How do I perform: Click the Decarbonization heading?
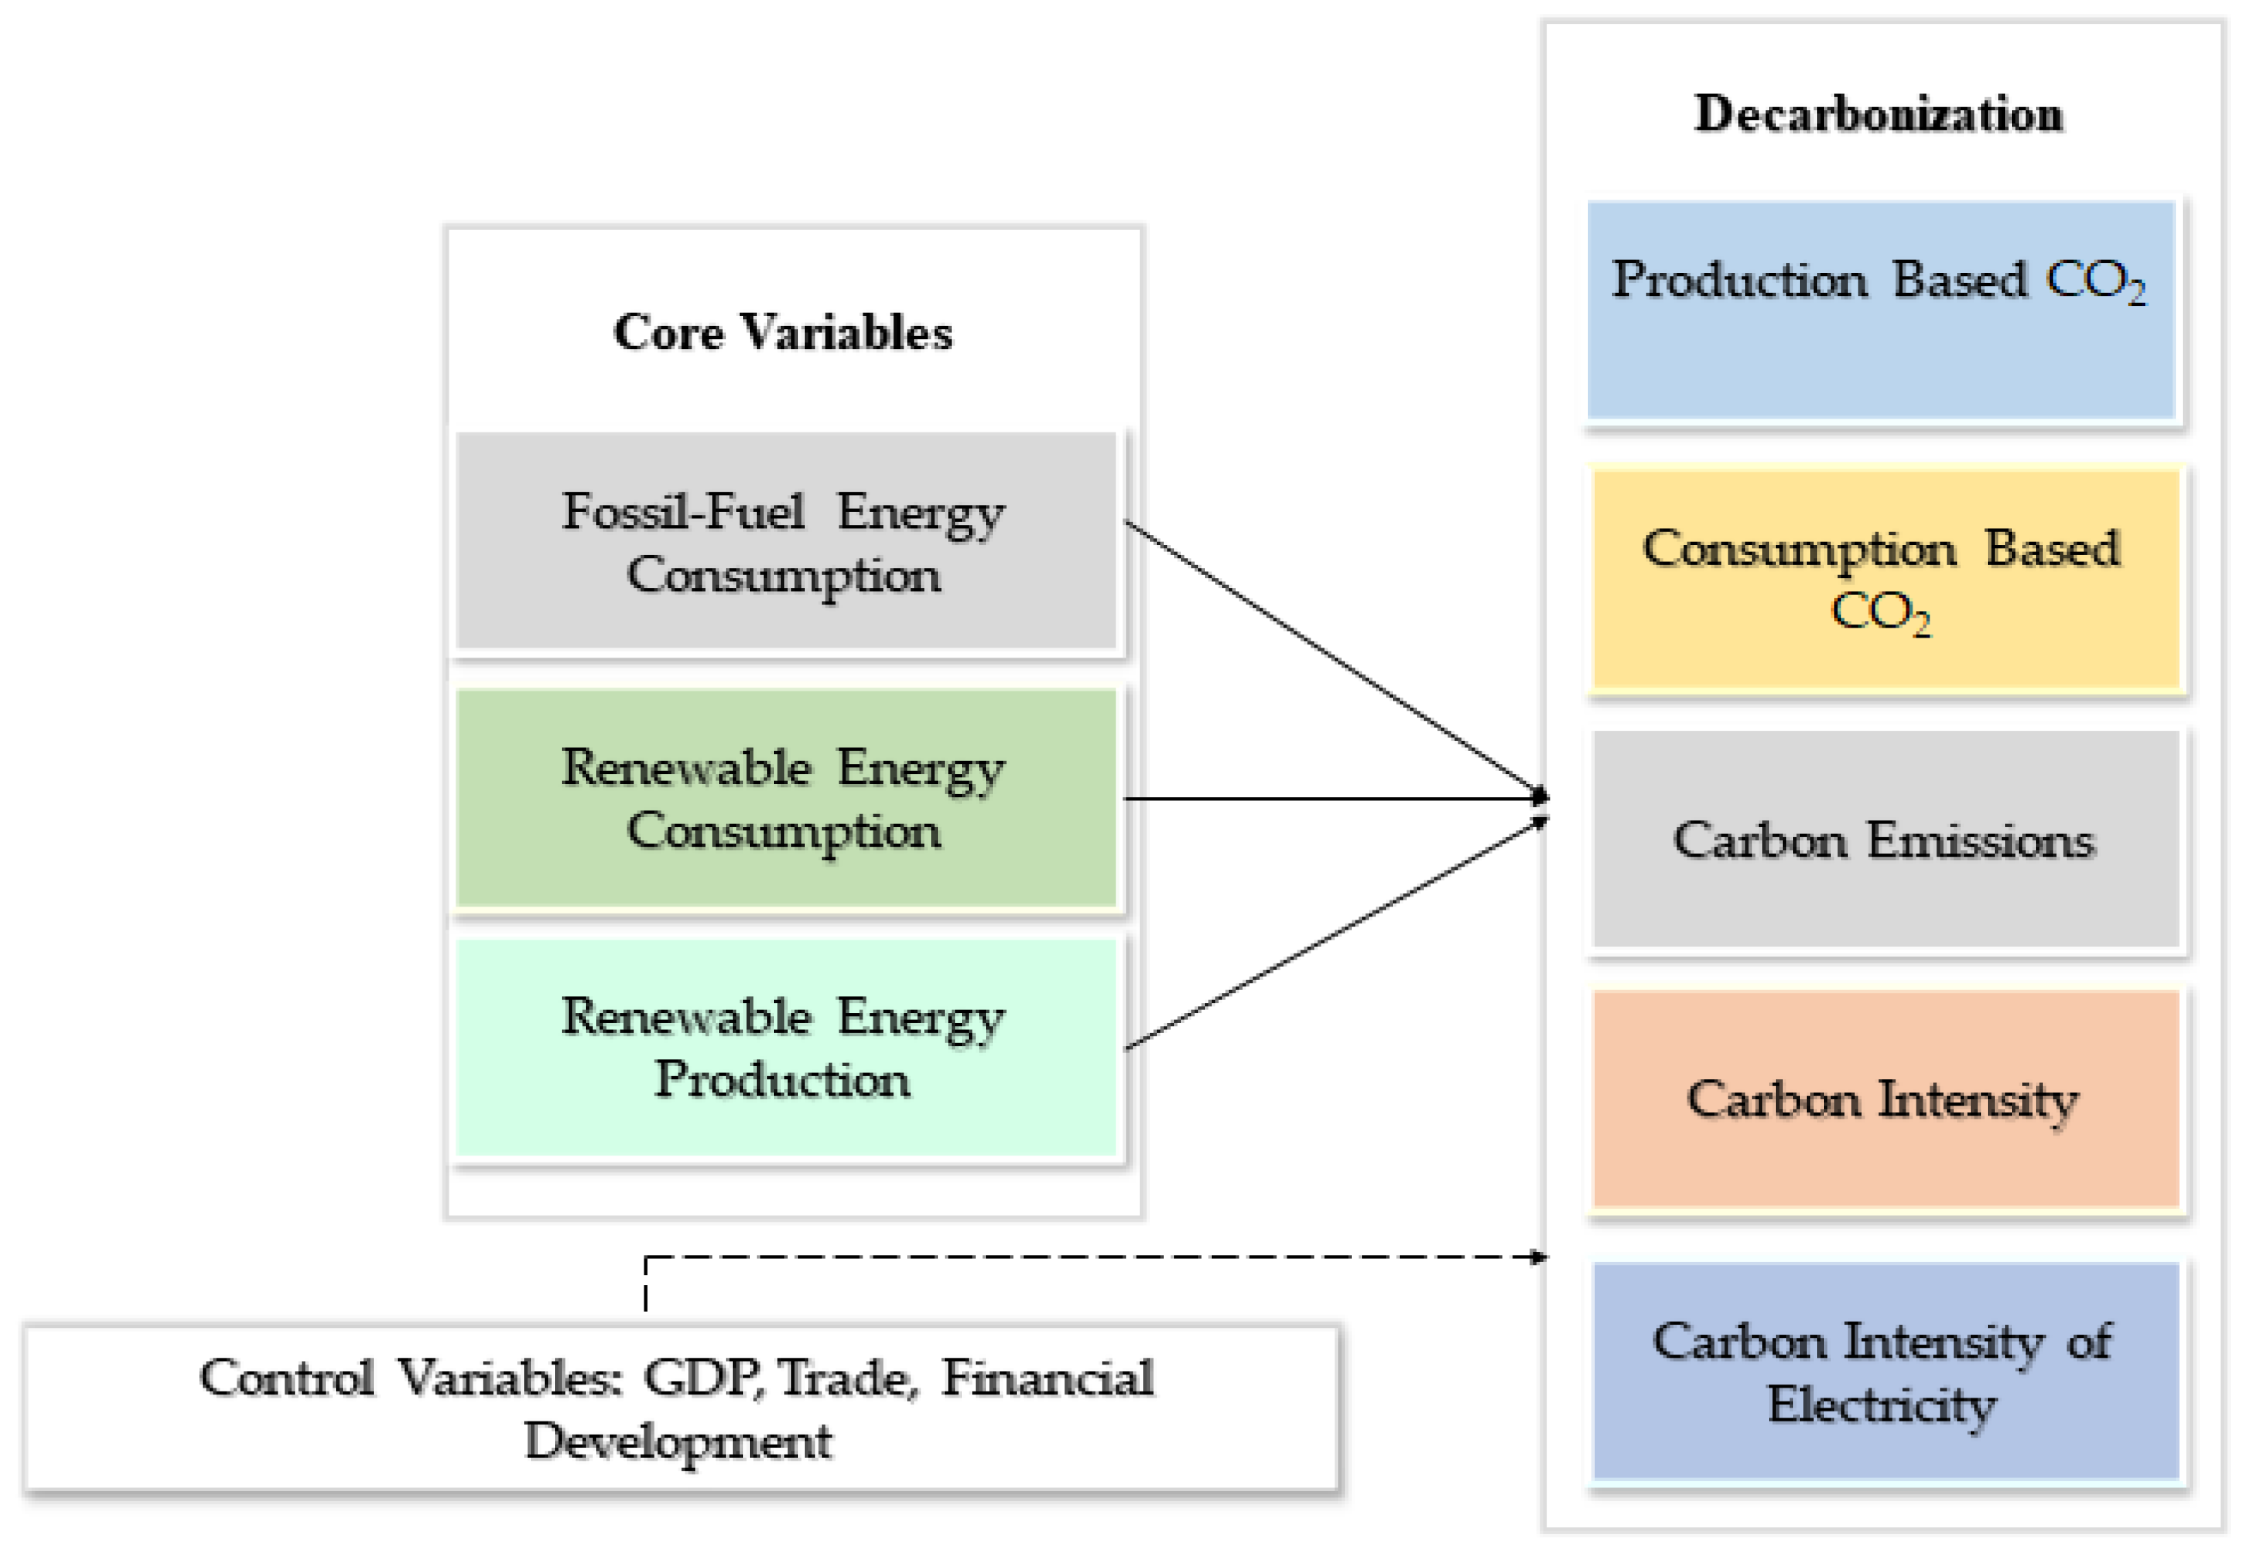coord(1878,115)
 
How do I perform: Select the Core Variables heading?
coord(783,332)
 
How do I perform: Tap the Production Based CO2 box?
coord(1879,310)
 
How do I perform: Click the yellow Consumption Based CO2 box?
coord(1886,580)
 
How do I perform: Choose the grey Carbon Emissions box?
coord(1886,839)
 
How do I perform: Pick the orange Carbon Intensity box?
coord(1886,1099)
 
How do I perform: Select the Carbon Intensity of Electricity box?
coord(1886,1371)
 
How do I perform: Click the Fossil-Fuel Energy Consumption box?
coord(786,541)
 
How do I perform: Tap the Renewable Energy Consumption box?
coord(786,798)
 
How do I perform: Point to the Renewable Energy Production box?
coord(786,1048)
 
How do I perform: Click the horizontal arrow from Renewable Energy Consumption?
coord(1331,799)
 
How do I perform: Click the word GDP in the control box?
coord(701,1378)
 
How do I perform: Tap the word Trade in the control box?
coord(843,1378)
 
